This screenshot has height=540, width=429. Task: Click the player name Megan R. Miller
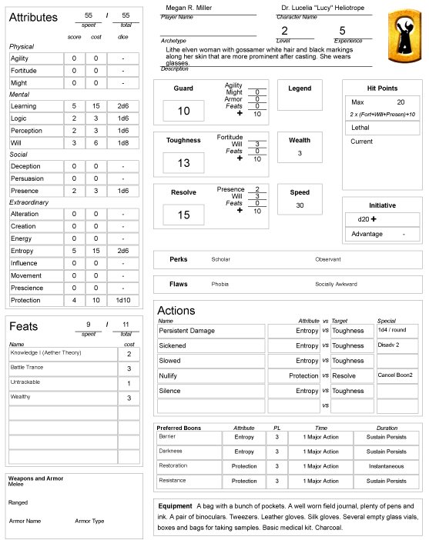(189, 8)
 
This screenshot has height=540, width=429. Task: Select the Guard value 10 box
(183, 111)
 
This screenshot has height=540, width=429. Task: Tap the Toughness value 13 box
(183, 163)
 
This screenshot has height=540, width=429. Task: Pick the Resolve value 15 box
(183, 215)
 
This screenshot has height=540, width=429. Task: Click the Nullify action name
(170, 375)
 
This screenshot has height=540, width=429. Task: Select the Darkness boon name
(171, 451)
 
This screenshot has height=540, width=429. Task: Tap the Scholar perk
(220, 259)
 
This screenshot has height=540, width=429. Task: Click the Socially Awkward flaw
(336, 284)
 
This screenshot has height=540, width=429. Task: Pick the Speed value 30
(300, 205)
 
